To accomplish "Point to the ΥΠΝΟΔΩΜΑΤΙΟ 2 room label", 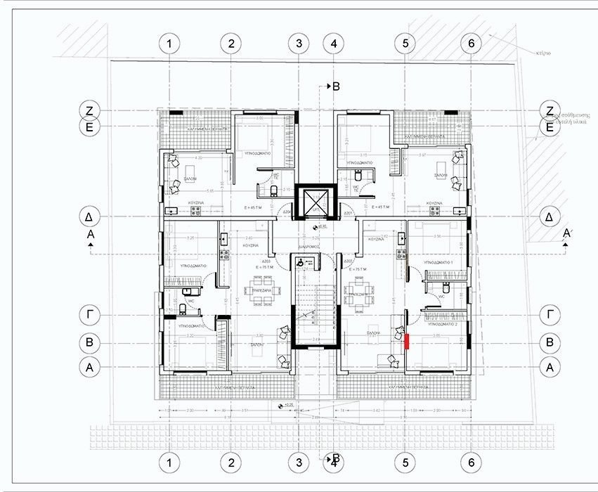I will tap(443, 325).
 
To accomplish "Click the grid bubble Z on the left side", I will tap(89, 110).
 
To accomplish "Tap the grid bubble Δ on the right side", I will tap(550, 217).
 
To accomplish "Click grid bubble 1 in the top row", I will tap(169, 44).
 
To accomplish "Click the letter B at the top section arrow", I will tap(336, 86).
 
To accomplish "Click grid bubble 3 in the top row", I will tap(299, 44).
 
